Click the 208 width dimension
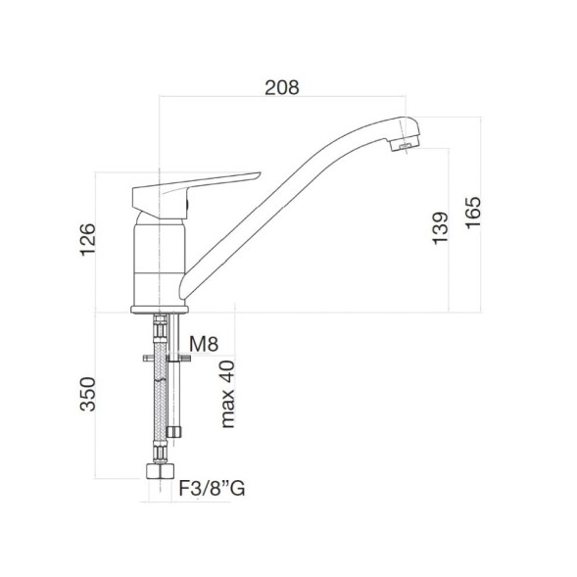click(282, 86)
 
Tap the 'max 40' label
click(228, 395)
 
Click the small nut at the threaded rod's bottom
click(175, 431)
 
